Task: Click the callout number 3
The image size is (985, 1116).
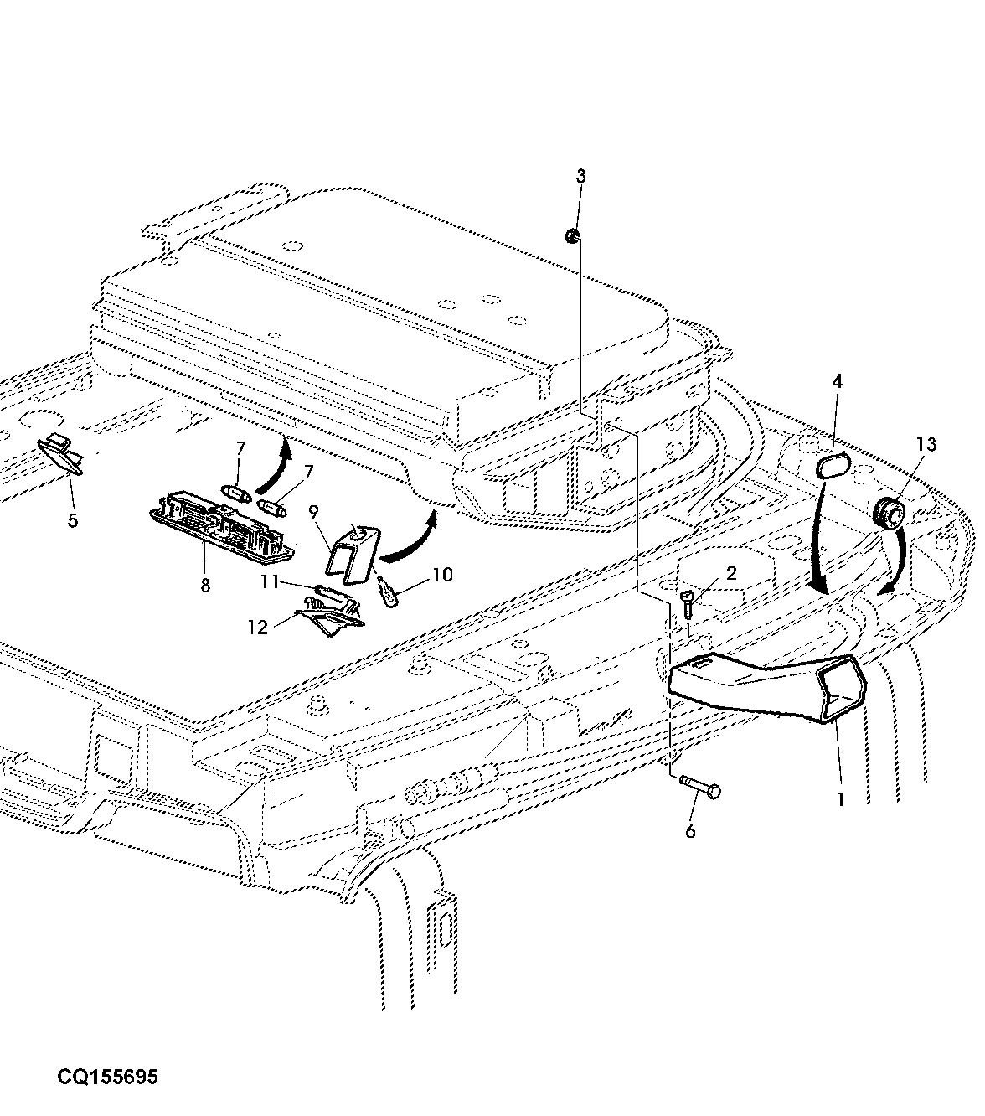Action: click(x=581, y=177)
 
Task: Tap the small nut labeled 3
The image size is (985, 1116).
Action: click(x=573, y=236)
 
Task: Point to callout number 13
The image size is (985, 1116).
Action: click(x=926, y=445)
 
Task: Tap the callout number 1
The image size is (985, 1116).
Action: click(x=841, y=799)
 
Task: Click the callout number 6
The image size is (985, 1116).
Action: click(x=690, y=830)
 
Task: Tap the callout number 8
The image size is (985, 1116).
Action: click(x=205, y=586)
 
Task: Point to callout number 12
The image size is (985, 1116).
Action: click(x=258, y=628)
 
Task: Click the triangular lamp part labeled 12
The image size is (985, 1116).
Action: click(x=329, y=616)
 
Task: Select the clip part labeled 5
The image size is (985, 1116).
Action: click(x=62, y=454)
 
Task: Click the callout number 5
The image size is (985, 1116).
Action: click(x=73, y=520)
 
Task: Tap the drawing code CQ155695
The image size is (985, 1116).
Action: click(x=107, y=1077)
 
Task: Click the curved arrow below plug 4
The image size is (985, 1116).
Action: click(x=817, y=537)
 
